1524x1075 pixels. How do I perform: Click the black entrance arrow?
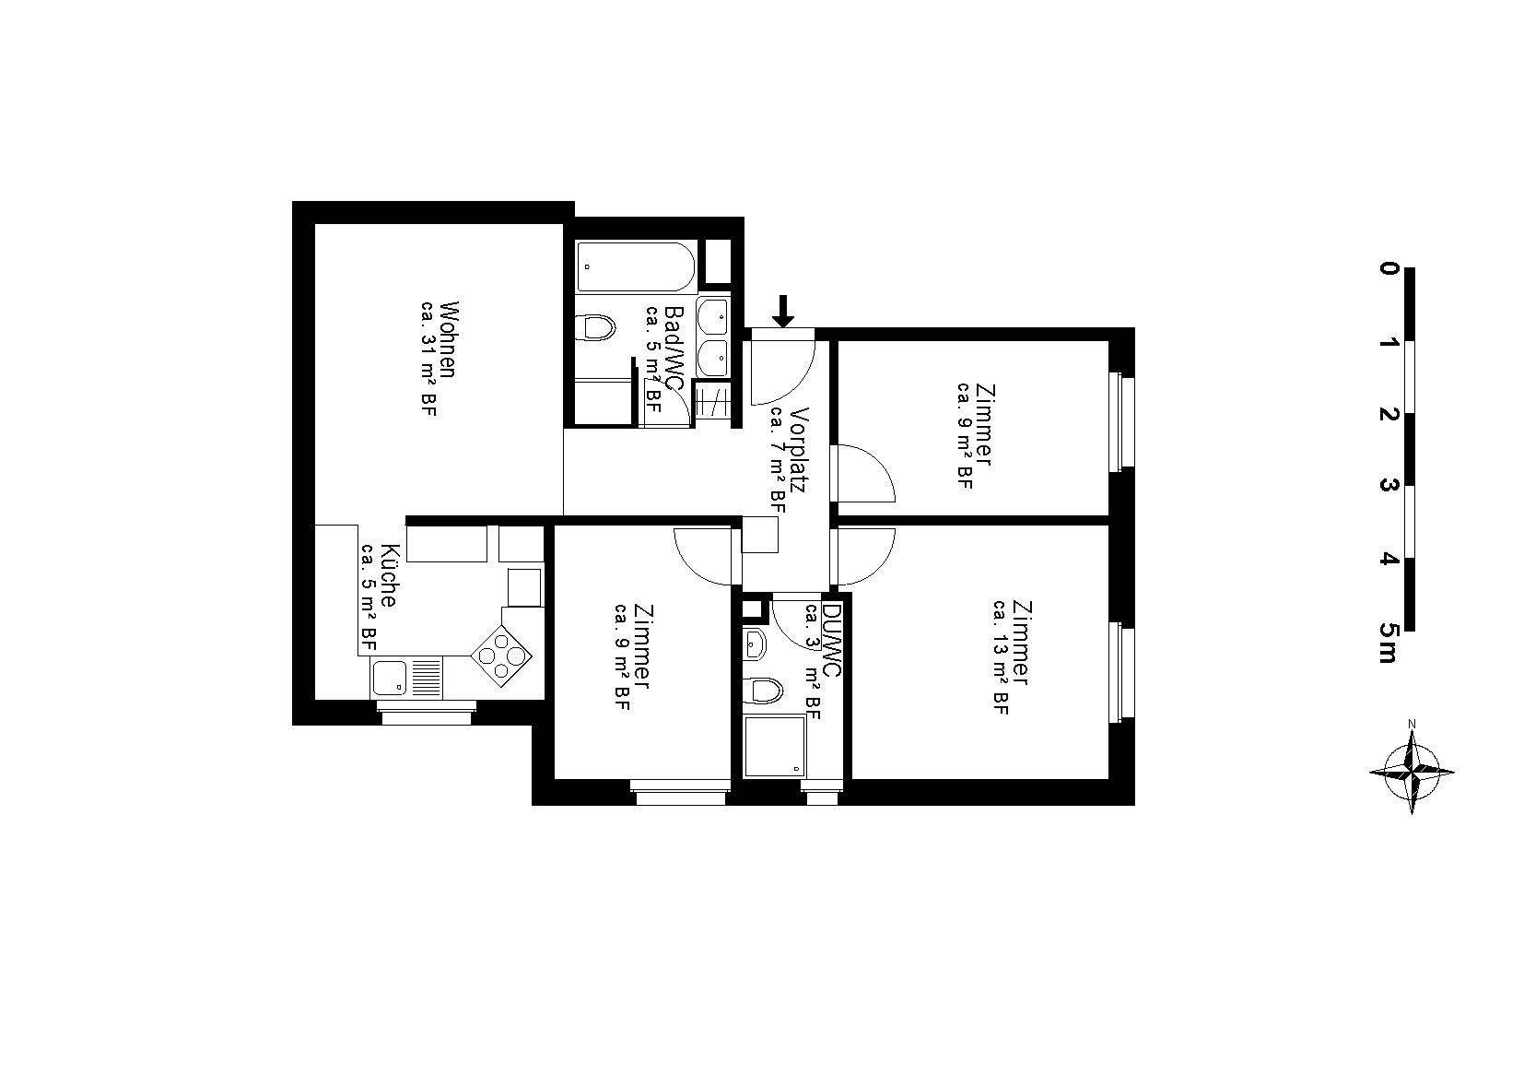tap(783, 311)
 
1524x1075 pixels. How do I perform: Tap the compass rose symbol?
tap(1412, 772)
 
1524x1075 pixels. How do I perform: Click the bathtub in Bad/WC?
tap(636, 266)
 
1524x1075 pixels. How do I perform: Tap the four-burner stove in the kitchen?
tap(502, 655)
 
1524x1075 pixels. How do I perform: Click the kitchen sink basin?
tap(389, 678)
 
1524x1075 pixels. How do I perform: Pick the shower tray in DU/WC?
tap(774, 746)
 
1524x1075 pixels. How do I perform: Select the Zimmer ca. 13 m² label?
tap(1011, 657)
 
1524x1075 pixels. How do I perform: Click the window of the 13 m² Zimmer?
tap(1122, 672)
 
